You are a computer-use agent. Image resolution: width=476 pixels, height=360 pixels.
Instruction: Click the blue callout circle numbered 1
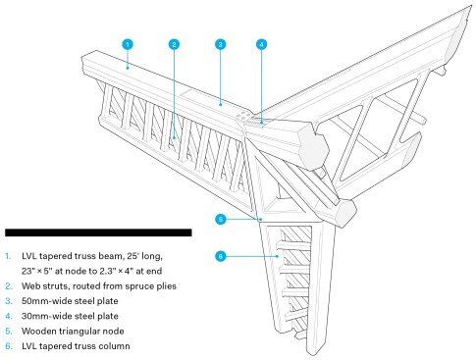pyautogui.click(x=128, y=44)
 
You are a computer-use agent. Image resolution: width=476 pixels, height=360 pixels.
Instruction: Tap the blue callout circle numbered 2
pyautogui.click(x=174, y=44)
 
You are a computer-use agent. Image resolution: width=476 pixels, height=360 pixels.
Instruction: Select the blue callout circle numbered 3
pyautogui.click(x=221, y=44)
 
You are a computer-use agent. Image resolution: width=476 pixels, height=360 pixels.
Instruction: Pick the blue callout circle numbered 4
pyautogui.click(x=261, y=44)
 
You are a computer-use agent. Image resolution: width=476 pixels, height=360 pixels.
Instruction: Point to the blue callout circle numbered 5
pyautogui.click(x=221, y=219)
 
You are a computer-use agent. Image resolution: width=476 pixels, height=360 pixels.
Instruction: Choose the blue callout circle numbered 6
pyautogui.click(x=221, y=256)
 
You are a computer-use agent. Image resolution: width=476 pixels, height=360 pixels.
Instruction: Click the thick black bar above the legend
pyautogui.click(x=98, y=232)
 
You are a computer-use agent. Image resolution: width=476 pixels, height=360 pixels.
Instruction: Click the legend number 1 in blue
pyautogui.click(x=8, y=256)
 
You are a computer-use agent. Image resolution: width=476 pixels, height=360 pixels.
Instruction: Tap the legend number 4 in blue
pyautogui.click(x=9, y=316)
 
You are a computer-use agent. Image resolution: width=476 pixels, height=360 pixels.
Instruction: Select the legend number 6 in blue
pyautogui.click(x=9, y=346)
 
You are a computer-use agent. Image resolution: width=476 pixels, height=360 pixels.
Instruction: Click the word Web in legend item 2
pyautogui.click(x=29, y=286)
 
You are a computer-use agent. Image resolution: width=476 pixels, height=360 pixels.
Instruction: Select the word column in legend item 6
pyautogui.click(x=116, y=346)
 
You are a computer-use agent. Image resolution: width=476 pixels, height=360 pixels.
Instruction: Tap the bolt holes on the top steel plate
pyautogui.click(x=241, y=115)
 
